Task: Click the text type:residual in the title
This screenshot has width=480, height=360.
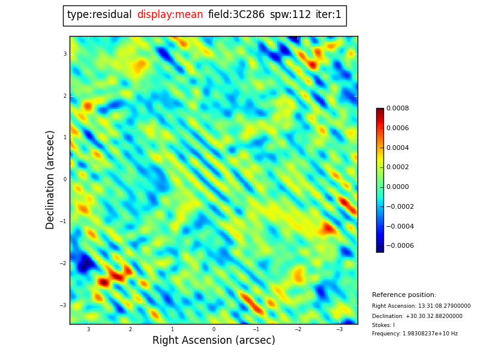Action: coord(99,15)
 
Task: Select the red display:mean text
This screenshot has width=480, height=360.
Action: coord(170,15)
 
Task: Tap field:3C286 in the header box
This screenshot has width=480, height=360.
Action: coord(236,15)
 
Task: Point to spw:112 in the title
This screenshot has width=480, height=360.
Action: coord(290,15)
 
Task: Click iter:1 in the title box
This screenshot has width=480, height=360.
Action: coord(328,15)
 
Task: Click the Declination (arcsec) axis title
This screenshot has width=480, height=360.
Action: coord(50,179)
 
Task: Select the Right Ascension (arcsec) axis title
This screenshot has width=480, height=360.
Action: coord(214,341)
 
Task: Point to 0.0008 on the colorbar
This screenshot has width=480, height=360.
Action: coord(397,109)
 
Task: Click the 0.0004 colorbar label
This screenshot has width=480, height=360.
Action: coord(397,148)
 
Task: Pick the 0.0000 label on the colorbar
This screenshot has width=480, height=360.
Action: coord(397,187)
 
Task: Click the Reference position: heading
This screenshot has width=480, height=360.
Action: coord(404,295)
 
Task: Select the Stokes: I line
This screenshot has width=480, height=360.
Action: coord(383,325)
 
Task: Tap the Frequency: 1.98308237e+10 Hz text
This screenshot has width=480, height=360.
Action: coord(415,334)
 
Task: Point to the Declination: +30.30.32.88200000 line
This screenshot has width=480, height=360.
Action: coord(417,316)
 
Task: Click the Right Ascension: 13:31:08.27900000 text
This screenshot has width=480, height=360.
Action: coord(421,306)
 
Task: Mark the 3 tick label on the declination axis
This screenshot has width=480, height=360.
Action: coord(65,54)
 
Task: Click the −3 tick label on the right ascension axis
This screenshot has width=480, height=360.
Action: coord(339,329)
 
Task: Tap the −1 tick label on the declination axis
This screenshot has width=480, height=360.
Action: coord(63,221)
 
